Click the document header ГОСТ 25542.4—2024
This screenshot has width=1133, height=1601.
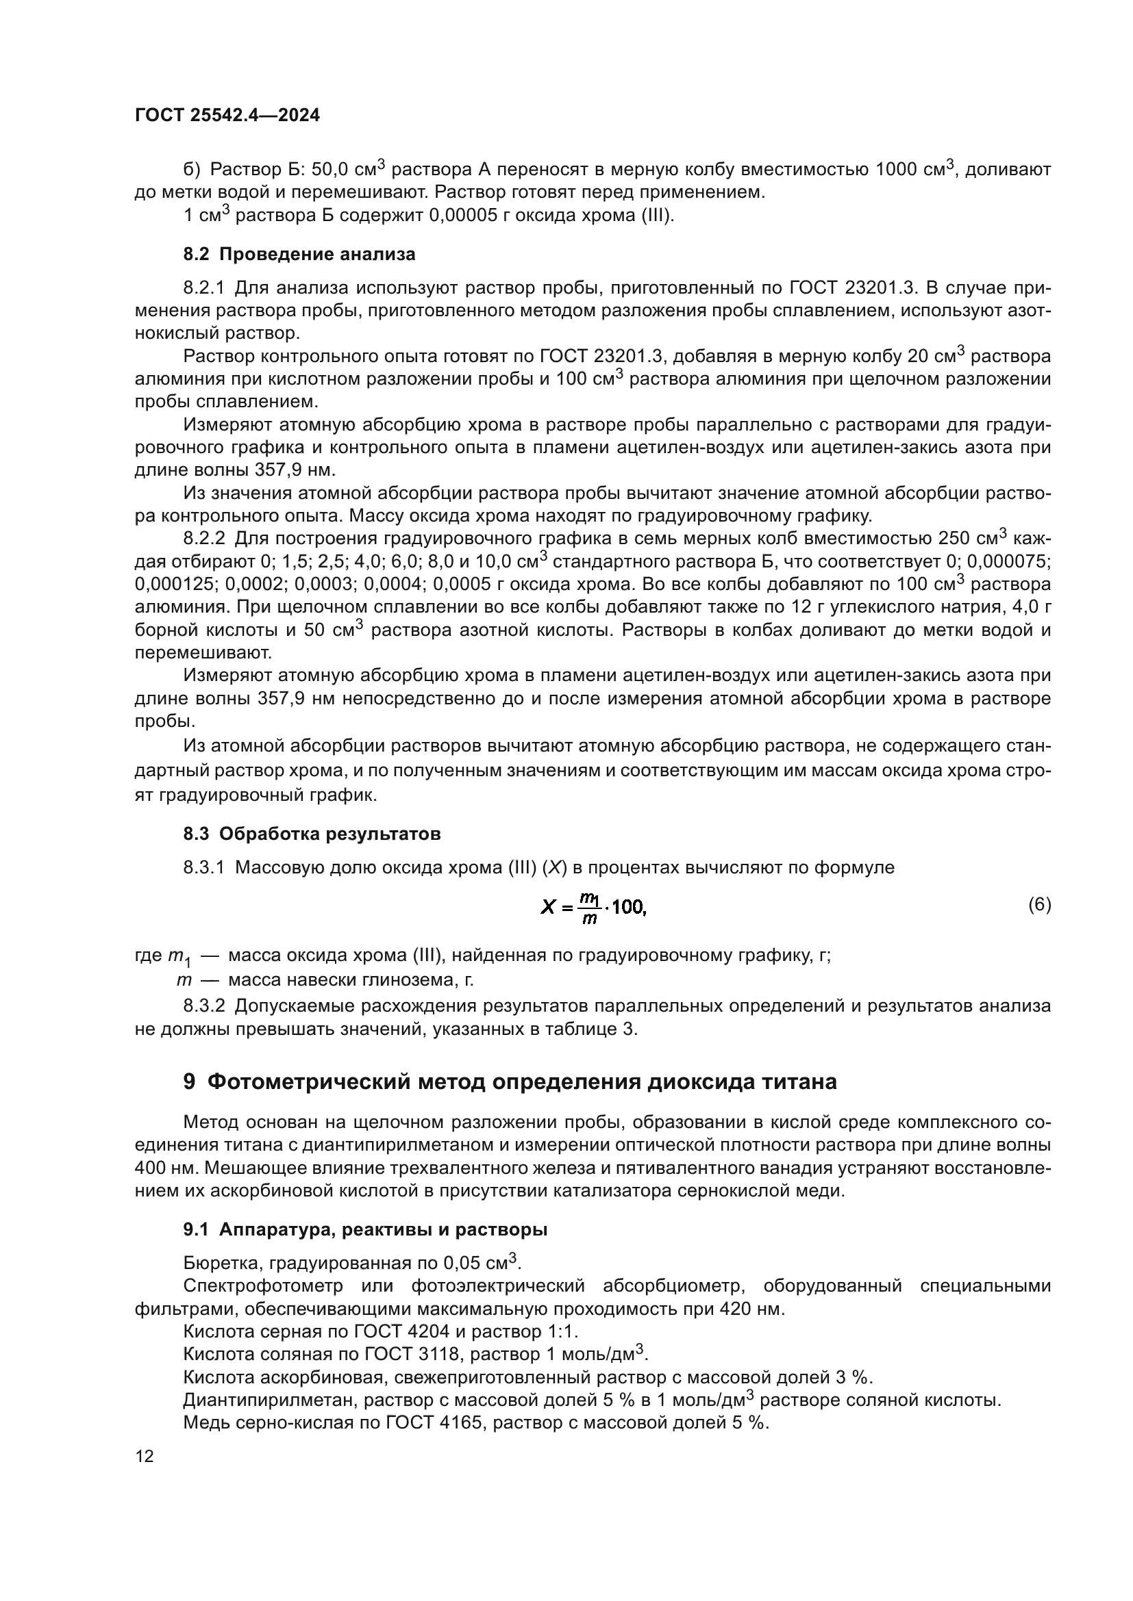coord(227,116)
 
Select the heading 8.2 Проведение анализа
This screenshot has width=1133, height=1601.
coord(299,255)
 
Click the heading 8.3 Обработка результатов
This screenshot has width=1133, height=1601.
coord(312,834)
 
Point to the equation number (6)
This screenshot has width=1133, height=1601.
coord(1039,905)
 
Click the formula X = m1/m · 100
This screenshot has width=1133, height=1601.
coord(594,907)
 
